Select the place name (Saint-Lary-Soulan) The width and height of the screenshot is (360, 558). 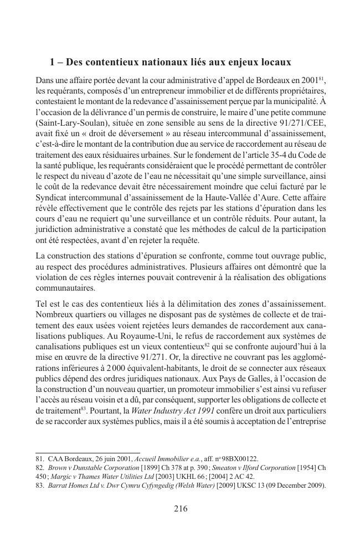[x=70, y=125]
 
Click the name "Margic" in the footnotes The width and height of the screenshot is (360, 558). [x=56, y=476]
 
